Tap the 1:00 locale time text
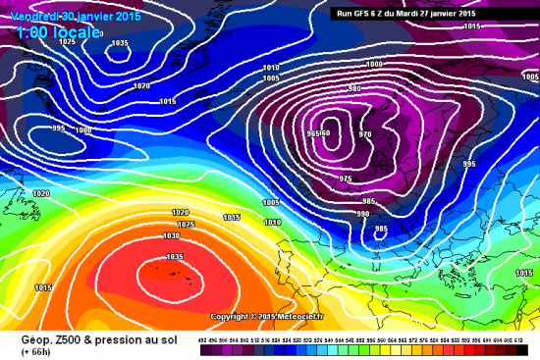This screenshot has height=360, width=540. [x=59, y=33]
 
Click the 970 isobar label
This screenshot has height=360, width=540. [x=365, y=134]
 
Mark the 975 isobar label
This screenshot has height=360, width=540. [x=345, y=179]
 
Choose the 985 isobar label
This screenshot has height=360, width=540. [x=381, y=230]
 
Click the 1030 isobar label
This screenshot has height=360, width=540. [x=171, y=235]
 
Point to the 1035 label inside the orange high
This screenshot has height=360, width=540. [x=176, y=257]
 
